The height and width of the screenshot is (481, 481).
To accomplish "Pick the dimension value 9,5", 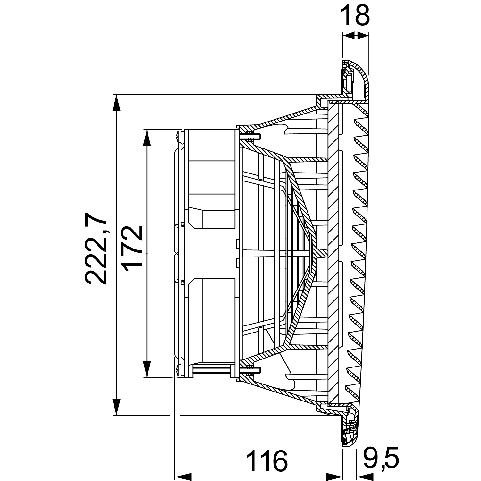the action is (381, 459).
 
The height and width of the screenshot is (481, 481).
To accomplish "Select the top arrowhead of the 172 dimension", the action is (147, 138).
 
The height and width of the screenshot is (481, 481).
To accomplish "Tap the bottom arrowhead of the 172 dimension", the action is (147, 369).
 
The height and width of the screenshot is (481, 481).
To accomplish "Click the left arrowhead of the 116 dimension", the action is (183, 476).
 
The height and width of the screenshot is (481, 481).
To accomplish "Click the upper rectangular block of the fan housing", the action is (213, 178).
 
